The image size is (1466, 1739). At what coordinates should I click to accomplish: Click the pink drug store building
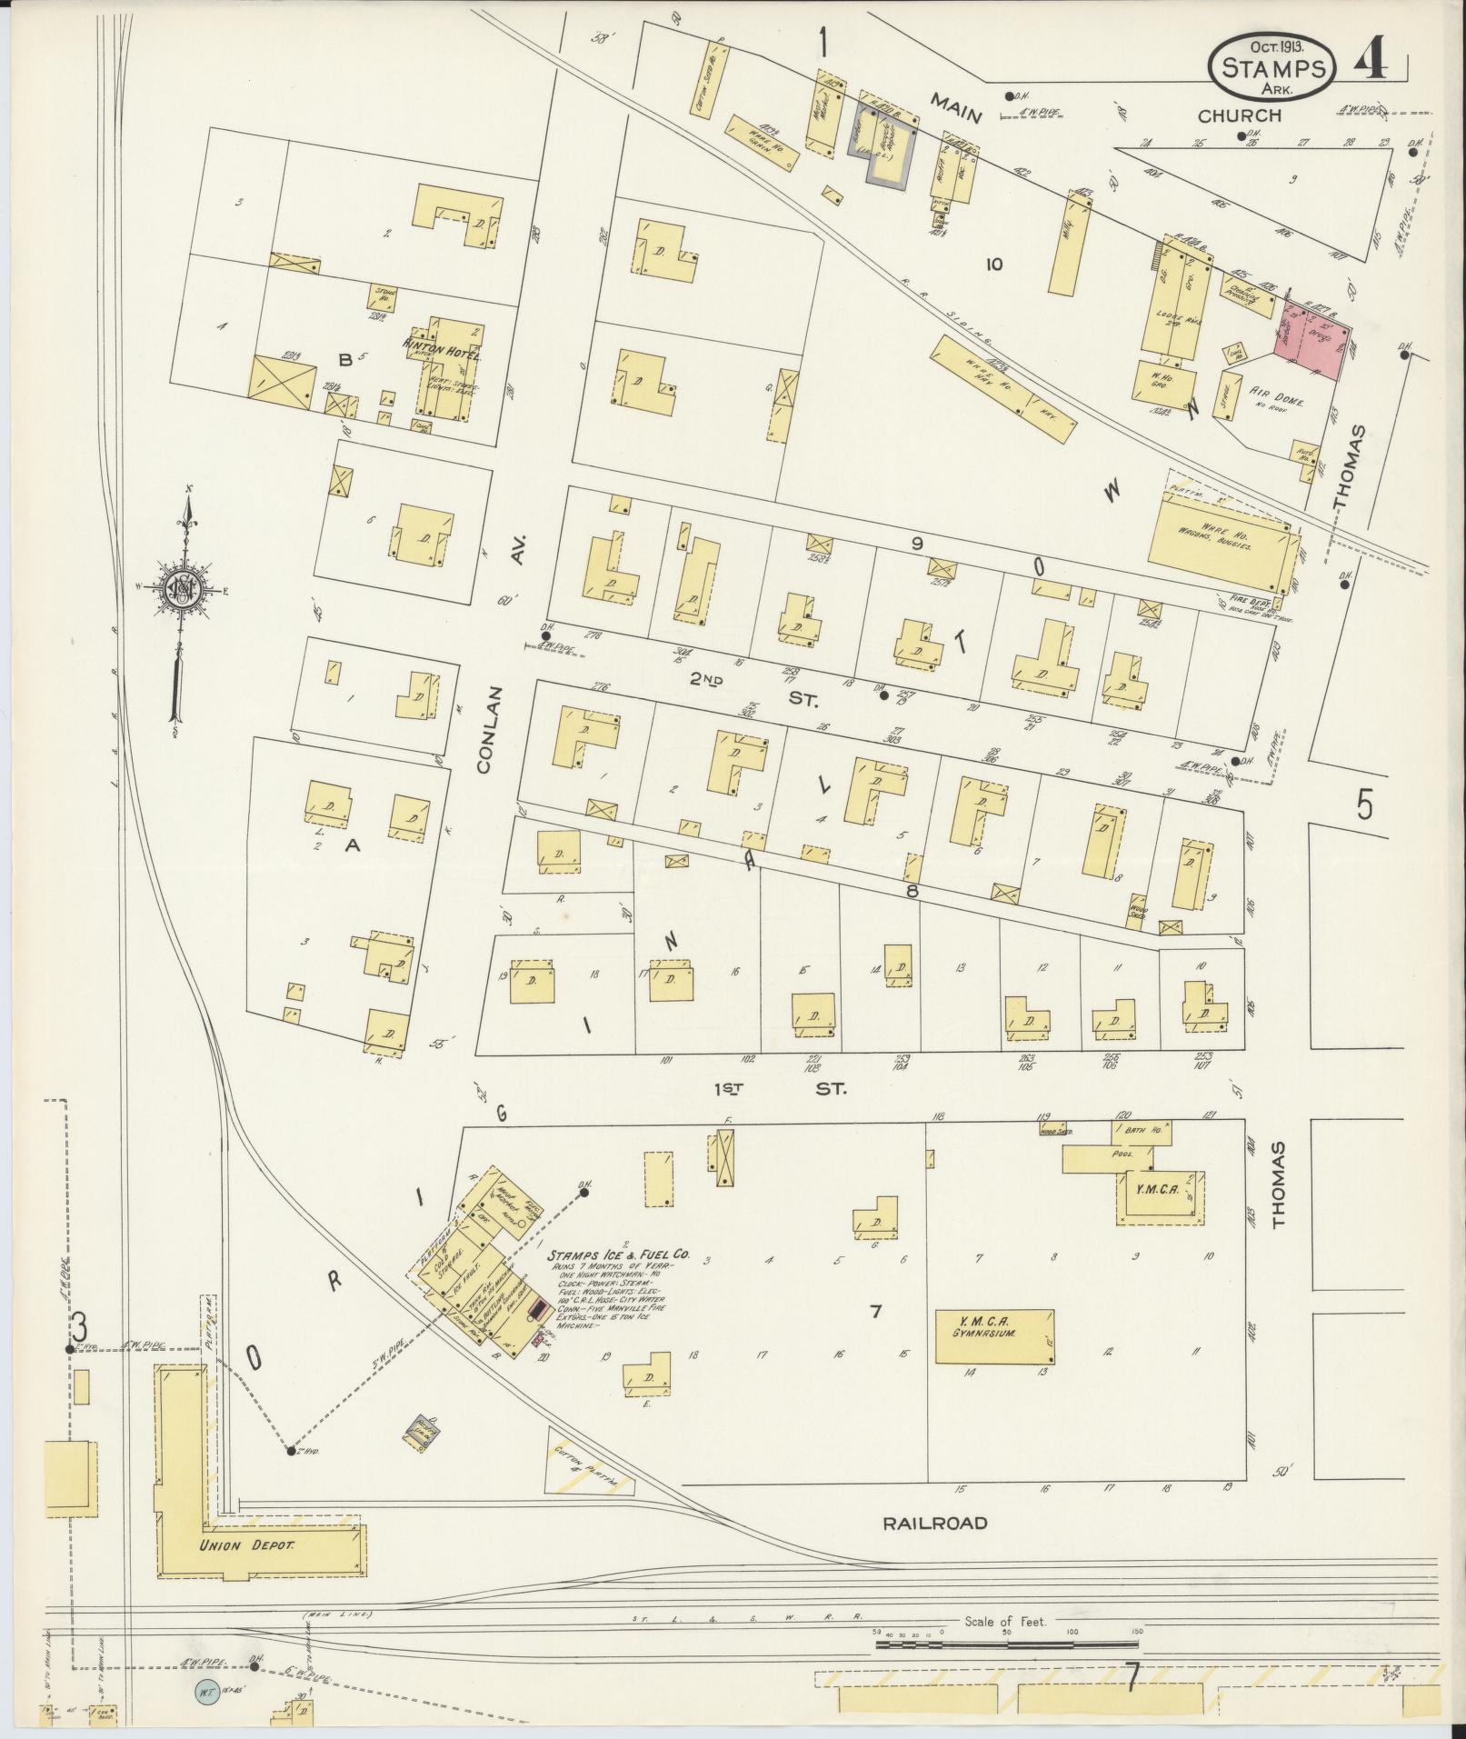click(1314, 340)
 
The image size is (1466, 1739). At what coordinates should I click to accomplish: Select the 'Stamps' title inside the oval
click(1271, 67)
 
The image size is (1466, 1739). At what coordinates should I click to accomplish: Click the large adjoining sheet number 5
click(1363, 805)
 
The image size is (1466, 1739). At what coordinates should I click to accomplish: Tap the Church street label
click(1238, 115)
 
